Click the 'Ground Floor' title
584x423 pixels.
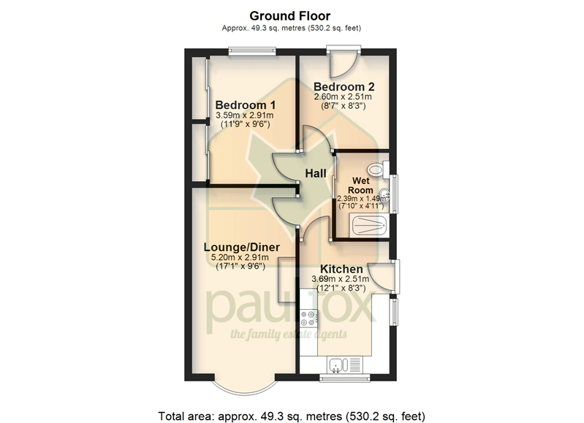(x=289, y=16)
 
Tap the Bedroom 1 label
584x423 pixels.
(x=246, y=105)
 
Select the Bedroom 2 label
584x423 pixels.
(x=344, y=87)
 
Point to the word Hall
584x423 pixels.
(x=316, y=174)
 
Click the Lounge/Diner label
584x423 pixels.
(x=242, y=247)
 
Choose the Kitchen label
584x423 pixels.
(x=341, y=269)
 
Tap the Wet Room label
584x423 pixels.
(x=360, y=186)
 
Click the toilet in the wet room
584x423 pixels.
(x=378, y=169)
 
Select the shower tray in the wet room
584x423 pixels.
(x=369, y=225)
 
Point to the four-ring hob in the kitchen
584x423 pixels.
(x=308, y=318)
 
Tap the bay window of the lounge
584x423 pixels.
(x=244, y=389)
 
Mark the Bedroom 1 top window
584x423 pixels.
(x=252, y=51)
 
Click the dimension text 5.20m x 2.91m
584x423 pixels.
(x=240, y=257)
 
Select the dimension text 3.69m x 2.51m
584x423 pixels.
(x=341, y=279)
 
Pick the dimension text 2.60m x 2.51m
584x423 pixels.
(x=343, y=97)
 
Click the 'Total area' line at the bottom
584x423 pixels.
(x=292, y=416)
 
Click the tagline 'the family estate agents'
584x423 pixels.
(x=289, y=335)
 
